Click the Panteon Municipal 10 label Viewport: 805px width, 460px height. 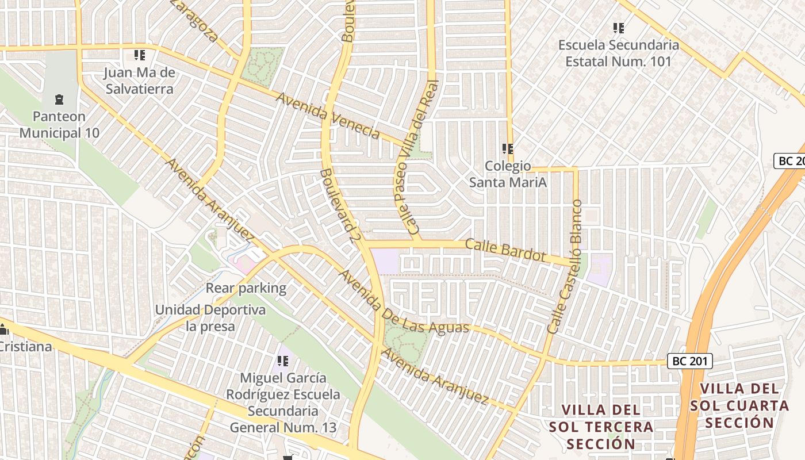tap(59, 125)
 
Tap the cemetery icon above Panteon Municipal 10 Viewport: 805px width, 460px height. tap(59, 100)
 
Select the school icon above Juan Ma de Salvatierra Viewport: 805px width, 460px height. tap(139, 55)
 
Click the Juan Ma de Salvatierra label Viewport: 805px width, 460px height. tap(139, 81)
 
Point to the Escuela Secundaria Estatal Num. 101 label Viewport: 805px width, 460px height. tap(618, 53)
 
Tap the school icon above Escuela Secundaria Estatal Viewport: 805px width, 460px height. tap(619, 28)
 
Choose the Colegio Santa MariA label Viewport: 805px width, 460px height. tap(508, 174)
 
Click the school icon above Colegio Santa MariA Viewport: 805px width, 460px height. tap(508, 149)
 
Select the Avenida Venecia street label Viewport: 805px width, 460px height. tap(328, 115)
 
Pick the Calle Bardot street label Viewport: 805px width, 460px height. tap(505, 250)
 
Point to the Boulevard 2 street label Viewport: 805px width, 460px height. tap(337, 205)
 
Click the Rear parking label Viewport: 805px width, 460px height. tap(246, 288)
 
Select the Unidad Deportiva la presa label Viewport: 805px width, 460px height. tap(210, 318)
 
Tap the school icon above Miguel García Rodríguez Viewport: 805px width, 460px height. tap(283, 361)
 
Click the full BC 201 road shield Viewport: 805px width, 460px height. tap(690, 361)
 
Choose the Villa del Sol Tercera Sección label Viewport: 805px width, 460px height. tap(601, 427)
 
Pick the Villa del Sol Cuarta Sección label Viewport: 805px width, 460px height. tap(739, 405)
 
